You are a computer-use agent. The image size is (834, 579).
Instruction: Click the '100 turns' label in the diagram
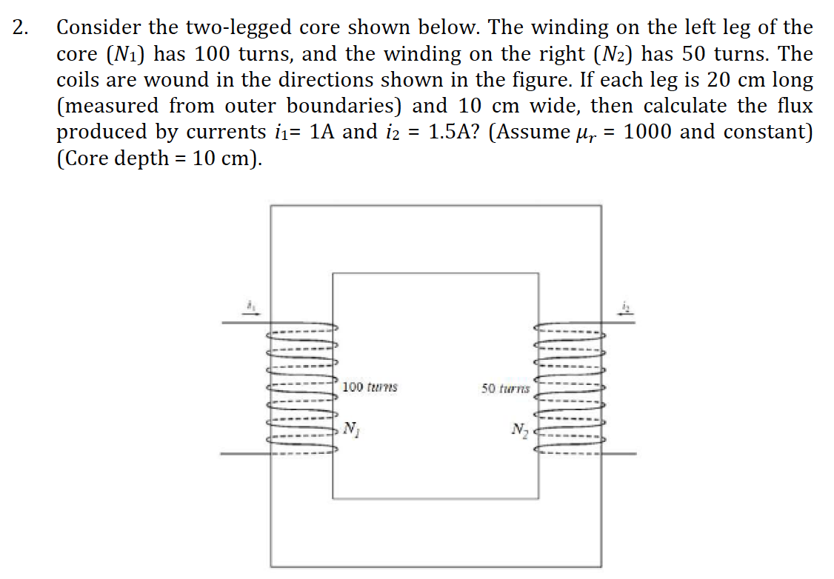[370, 386]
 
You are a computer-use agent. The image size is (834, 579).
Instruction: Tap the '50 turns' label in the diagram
[505, 388]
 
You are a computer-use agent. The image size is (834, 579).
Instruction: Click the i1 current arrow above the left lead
[251, 308]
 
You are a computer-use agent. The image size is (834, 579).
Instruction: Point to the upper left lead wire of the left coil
[245, 323]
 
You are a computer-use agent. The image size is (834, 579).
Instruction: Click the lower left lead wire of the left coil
[245, 452]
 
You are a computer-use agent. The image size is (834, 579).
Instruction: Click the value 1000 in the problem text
[647, 133]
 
